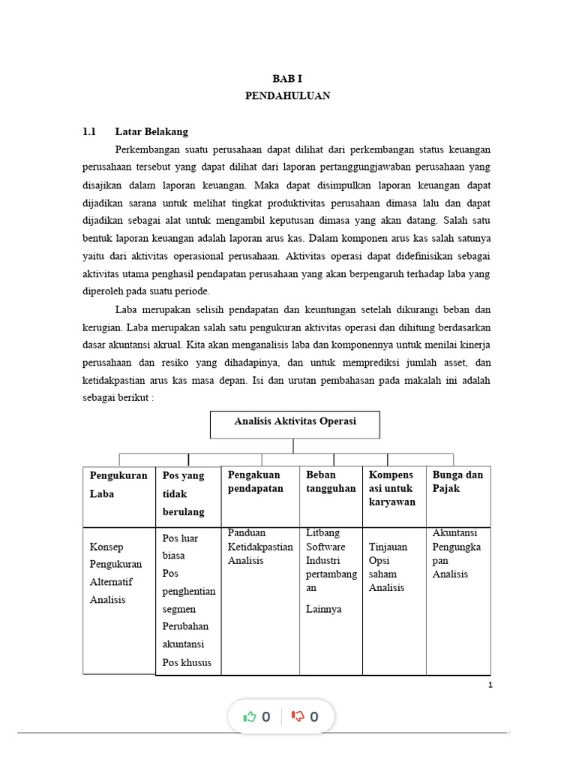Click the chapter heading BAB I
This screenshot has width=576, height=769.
coord(287,79)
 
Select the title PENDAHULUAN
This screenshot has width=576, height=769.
coord(287,96)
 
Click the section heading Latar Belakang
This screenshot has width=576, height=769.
coord(151,131)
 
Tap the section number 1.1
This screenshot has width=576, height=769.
coord(89,131)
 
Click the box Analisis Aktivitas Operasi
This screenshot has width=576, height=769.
coord(295,422)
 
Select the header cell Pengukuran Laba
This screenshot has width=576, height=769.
coord(118,484)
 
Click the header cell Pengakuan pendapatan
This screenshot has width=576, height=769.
coord(256,481)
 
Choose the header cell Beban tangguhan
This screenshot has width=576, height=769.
coord(331,481)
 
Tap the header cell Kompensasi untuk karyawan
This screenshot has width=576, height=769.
coord(391,488)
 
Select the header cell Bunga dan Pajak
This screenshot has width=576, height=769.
coord(457,481)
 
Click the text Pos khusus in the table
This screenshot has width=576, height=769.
coord(187,662)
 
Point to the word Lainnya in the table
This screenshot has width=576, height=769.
coord(323,609)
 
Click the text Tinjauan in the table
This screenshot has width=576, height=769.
coord(388,547)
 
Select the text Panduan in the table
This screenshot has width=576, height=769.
coord(247,533)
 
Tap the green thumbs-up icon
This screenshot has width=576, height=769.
coord(250,716)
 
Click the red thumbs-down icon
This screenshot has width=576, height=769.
coord(298,716)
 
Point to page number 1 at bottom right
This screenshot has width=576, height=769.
coord(490,685)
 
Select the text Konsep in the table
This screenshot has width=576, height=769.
coord(106,547)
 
